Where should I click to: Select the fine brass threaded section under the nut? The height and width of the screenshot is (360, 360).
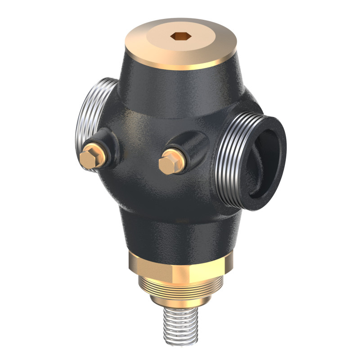(180, 290)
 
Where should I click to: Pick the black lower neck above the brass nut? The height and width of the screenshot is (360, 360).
(180, 234)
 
